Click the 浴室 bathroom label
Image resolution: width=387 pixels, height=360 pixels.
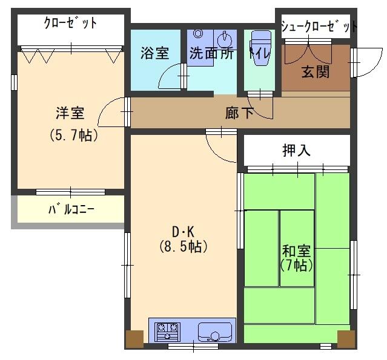pos(155,53)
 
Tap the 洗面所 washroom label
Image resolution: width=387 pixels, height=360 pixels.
pos(211,53)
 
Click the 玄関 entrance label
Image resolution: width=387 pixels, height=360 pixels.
pos(316,71)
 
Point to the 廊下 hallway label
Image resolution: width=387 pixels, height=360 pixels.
pos(239,113)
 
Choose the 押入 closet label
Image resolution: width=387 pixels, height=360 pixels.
pos(296,150)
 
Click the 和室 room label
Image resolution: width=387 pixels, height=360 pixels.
pos(296,251)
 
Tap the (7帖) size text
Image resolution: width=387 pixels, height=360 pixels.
pos(297,266)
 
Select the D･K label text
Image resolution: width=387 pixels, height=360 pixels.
pos(183,232)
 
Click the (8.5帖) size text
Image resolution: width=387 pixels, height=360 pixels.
pos(183,246)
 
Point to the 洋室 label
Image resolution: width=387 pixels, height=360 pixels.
pos(70,113)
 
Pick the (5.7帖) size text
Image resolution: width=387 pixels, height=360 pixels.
pos(74,135)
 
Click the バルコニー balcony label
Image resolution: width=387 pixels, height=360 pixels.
pos(71,209)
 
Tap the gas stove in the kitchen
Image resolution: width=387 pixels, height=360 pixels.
pos(167,332)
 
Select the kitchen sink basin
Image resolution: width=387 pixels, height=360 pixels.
pos(215,332)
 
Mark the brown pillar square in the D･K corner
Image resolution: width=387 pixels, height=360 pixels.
pos(135,339)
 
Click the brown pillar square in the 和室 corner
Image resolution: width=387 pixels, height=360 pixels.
pos(346,339)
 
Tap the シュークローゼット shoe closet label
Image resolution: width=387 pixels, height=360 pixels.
pos(319,26)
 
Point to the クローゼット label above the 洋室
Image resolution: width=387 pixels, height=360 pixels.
pos(70,23)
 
